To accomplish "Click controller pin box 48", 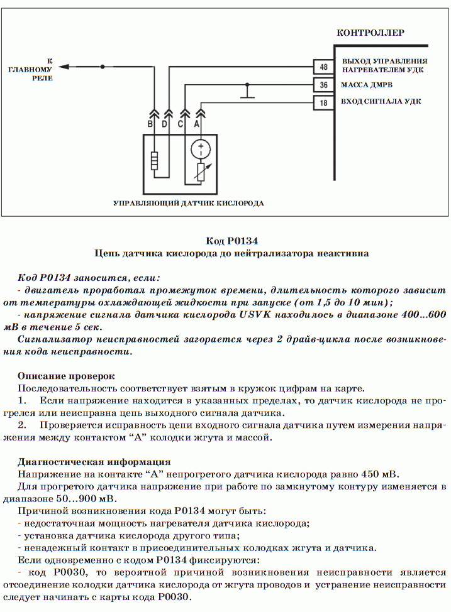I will [324, 67].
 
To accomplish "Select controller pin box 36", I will [324, 85].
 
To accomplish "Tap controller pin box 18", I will [324, 103].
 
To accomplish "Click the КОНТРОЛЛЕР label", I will [370, 33].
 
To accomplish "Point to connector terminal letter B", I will [150, 124].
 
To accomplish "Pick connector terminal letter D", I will [165, 124].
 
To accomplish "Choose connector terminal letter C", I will [181, 124].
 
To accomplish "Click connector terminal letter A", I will [197, 124].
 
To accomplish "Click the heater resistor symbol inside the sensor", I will [154, 160].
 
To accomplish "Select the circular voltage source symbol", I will [201, 150].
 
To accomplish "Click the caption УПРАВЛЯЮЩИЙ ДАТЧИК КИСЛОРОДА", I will [188, 204].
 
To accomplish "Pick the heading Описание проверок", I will [66, 376].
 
